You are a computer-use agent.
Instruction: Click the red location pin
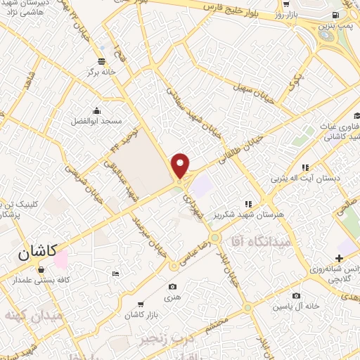pyautogui.click(x=181, y=166)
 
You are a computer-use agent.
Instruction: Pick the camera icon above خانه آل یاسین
pyautogui.click(x=296, y=295)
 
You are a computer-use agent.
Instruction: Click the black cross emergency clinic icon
pyautogui.click(x=340, y=259)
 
